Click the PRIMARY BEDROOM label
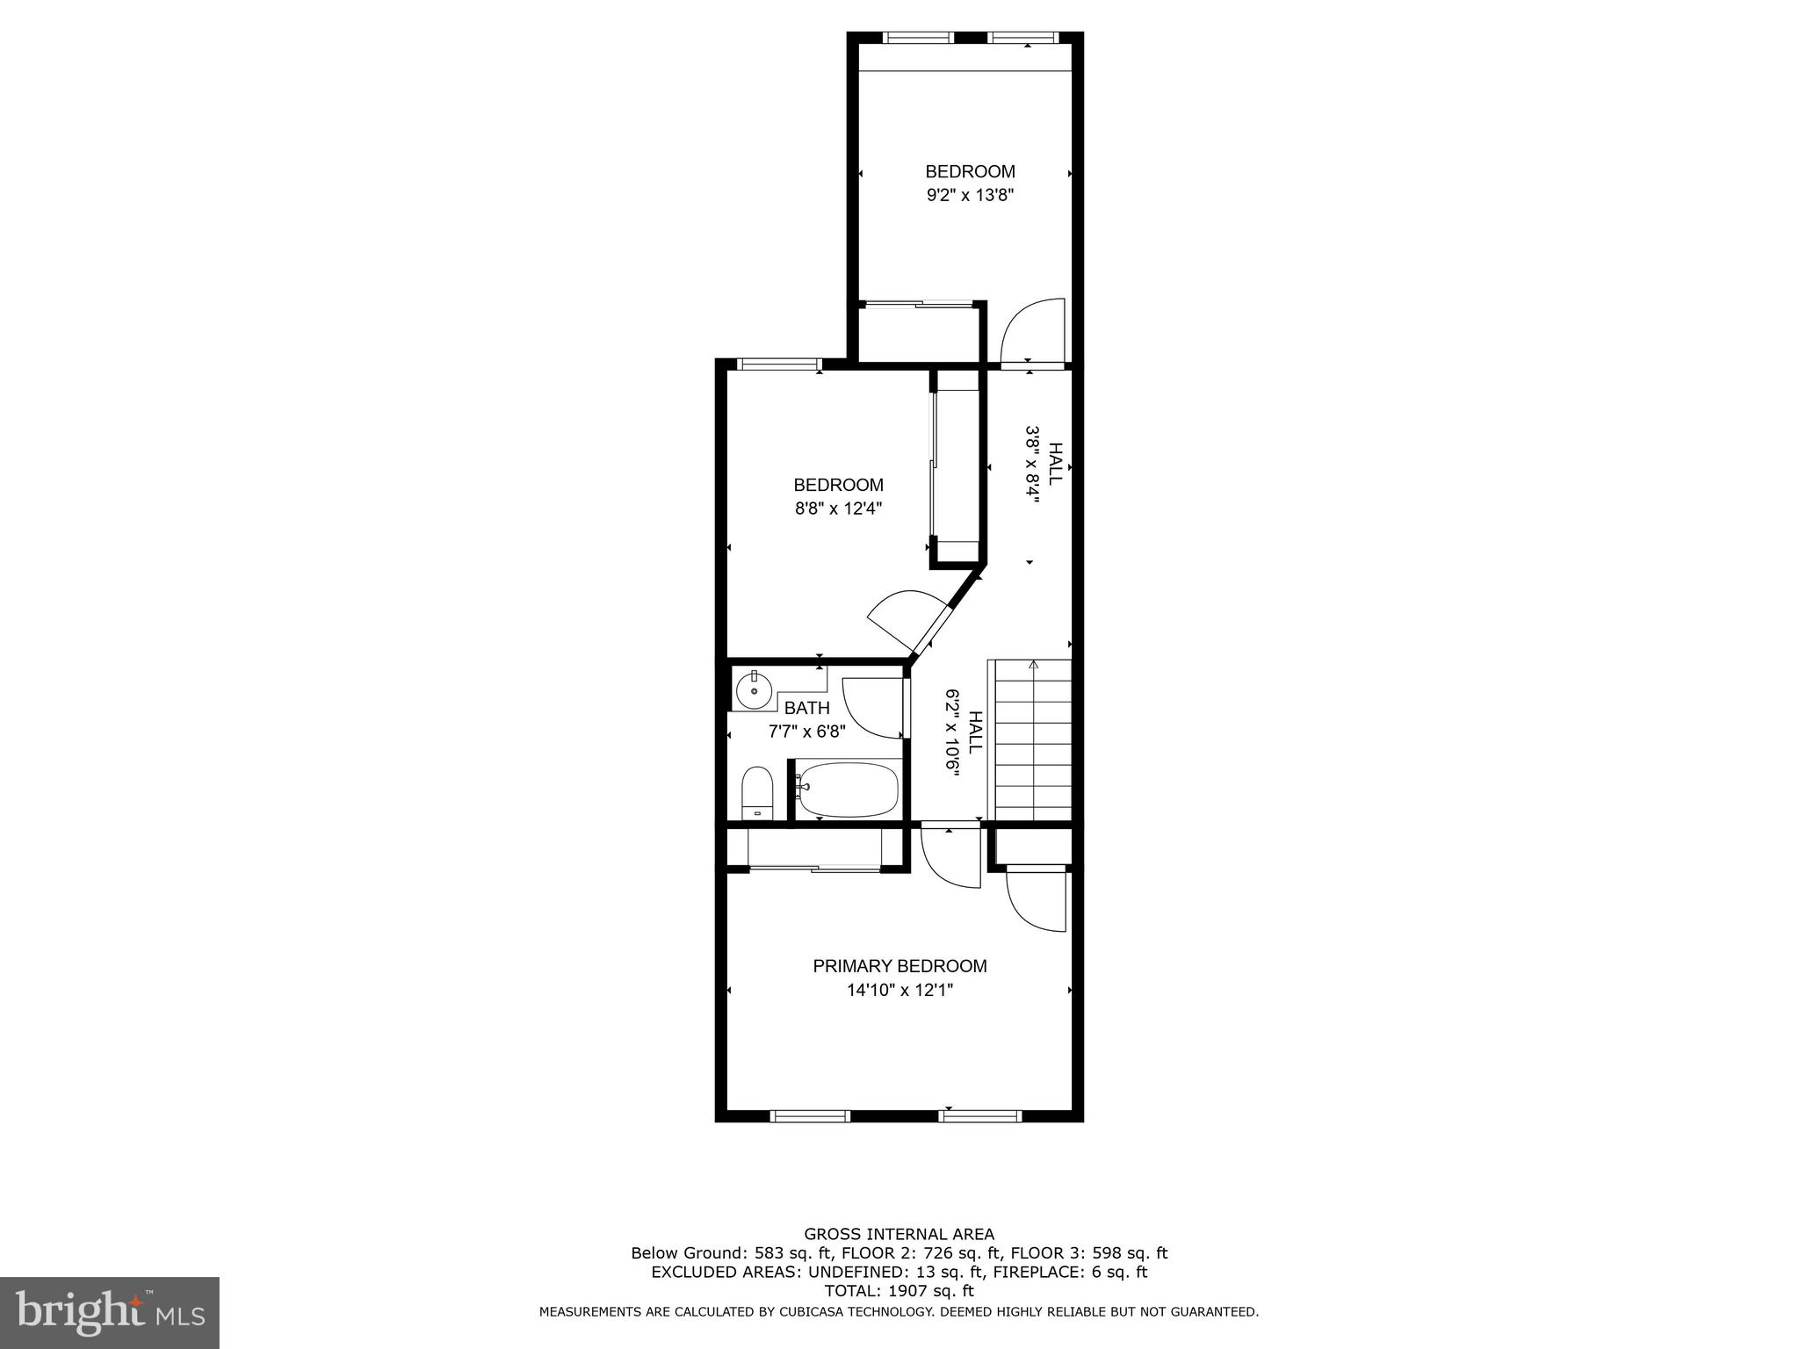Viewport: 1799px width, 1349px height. click(x=899, y=966)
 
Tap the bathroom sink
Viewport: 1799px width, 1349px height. click(x=754, y=690)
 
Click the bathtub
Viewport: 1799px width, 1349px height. click(x=849, y=789)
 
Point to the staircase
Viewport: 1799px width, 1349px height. click(x=1033, y=739)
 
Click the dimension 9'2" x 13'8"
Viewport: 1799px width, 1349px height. click(x=970, y=195)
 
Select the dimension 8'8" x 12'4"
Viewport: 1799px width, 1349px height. click(x=838, y=508)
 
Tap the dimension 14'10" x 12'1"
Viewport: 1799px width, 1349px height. click(x=899, y=990)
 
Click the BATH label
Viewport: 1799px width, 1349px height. click(x=806, y=708)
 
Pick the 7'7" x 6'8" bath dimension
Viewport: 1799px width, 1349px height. click(x=806, y=731)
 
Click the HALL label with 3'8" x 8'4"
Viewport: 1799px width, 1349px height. click(x=1055, y=463)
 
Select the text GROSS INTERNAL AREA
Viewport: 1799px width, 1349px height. click(x=899, y=1234)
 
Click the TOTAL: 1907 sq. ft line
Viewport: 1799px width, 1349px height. click(x=899, y=1291)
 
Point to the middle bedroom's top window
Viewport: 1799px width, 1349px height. click(x=779, y=364)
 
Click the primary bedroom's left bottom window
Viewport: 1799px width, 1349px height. click(x=810, y=1116)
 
